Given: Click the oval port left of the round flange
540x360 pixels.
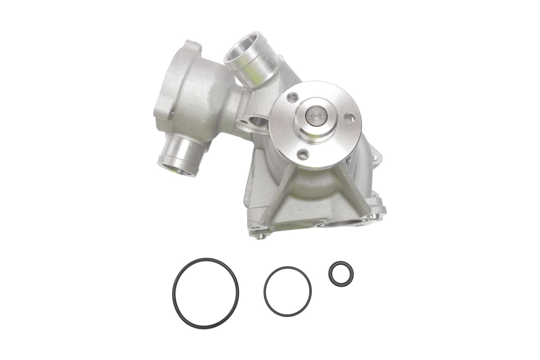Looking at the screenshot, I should tap(258, 123).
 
